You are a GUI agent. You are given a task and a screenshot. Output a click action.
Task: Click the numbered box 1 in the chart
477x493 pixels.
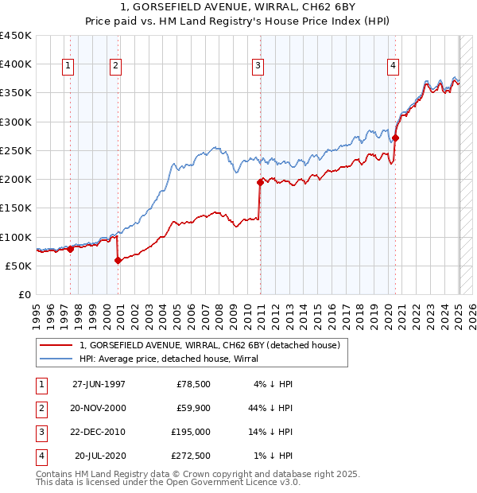[68, 66]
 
